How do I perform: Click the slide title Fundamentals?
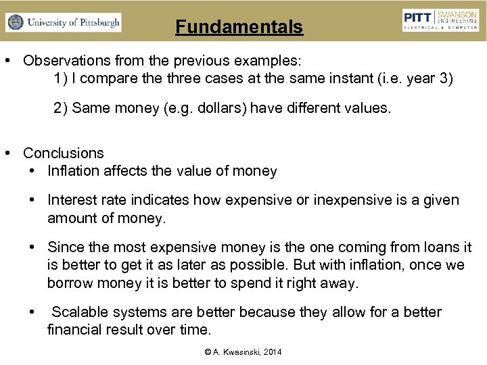pyautogui.click(x=239, y=27)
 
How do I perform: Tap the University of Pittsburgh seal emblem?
pyautogui.click(x=14, y=22)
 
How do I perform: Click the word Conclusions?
pyautogui.click(x=64, y=153)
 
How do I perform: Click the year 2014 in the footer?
pyautogui.click(x=271, y=352)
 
